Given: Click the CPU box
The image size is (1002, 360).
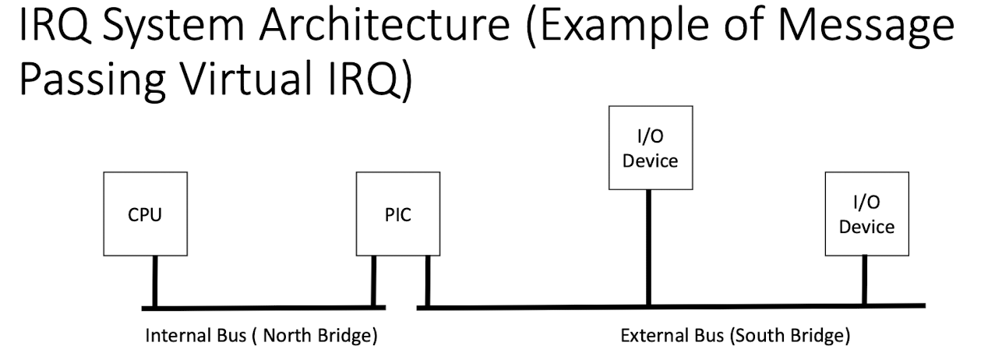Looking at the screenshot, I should click(x=145, y=215).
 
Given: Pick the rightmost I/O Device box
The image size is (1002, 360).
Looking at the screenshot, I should click(x=867, y=215).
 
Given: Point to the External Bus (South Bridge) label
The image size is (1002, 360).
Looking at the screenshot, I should click(x=735, y=338).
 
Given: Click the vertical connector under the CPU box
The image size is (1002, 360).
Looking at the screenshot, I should click(x=155, y=281).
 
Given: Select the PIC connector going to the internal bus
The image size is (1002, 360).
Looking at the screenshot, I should click(x=374, y=281).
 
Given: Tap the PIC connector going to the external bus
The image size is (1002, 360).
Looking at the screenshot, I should click(x=427, y=281).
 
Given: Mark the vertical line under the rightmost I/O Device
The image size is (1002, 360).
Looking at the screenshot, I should click(x=864, y=281).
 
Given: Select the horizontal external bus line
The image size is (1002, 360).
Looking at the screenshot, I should click(x=670, y=306).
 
